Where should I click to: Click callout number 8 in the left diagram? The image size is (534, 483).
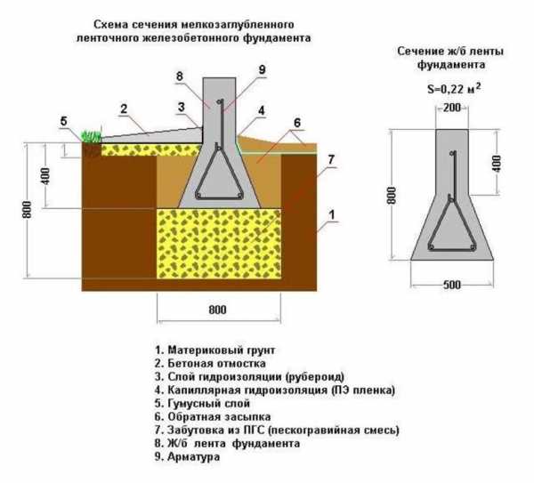click(x=180, y=76)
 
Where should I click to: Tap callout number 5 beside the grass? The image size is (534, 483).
click(x=63, y=121)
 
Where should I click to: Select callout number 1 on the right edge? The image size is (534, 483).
click(x=331, y=213)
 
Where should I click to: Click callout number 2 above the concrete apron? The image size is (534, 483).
click(x=125, y=109)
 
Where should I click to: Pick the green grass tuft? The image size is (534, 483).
click(x=90, y=136)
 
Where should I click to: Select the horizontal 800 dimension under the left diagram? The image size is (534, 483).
click(x=217, y=310)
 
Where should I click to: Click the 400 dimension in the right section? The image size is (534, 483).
click(x=497, y=163)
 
